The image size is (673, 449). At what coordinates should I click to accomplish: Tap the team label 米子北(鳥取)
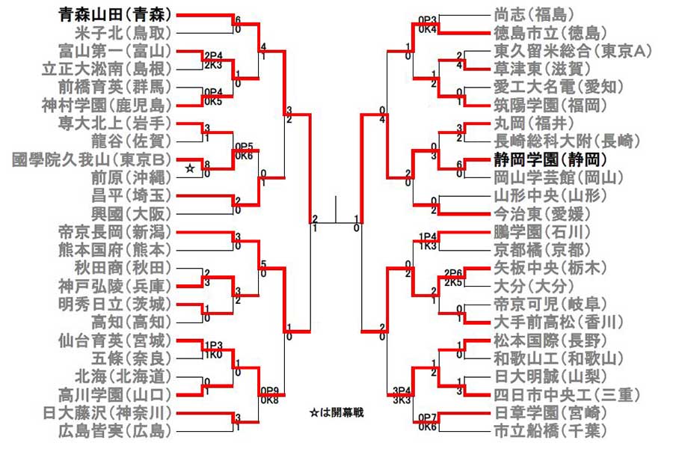(x=123, y=32)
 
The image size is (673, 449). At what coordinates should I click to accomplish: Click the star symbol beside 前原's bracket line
(x=190, y=171)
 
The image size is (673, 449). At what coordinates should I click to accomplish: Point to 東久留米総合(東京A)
(x=572, y=50)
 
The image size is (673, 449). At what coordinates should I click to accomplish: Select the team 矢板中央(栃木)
(x=549, y=267)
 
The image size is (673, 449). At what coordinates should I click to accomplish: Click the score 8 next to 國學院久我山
(x=206, y=163)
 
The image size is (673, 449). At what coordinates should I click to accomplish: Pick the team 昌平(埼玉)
(x=130, y=195)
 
